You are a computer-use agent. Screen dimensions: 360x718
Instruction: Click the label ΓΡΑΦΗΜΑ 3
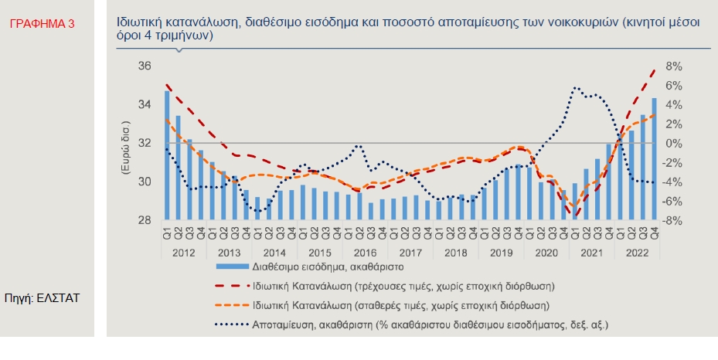tap(42, 25)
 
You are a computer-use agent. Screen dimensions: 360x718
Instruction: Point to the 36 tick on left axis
tap(144, 66)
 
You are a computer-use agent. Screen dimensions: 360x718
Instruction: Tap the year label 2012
tap(183, 252)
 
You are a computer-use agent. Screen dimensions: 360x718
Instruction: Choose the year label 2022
tap(638, 252)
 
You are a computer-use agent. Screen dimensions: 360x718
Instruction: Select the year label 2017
tap(410, 252)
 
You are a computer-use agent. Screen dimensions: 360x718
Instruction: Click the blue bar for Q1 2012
tap(167, 155)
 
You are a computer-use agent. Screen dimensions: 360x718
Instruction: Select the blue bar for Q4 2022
tap(655, 158)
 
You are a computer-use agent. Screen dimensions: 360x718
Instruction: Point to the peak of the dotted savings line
tap(574, 88)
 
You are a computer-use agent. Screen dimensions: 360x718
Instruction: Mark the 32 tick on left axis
tap(144, 144)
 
